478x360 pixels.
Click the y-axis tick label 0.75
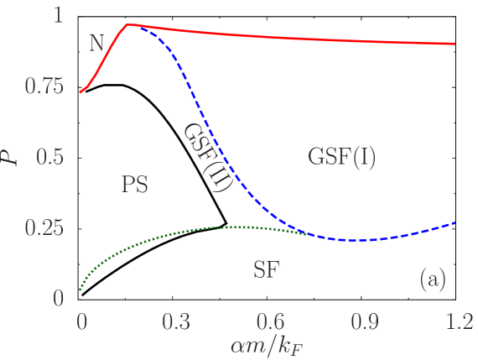(x=44, y=86)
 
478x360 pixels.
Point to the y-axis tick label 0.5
(x=51, y=157)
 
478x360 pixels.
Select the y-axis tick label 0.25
(x=44, y=228)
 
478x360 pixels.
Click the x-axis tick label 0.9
(x=363, y=321)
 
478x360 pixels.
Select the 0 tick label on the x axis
(x=81, y=321)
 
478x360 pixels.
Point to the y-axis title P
(x=10, y=157)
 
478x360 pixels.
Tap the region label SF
(x=266, y=270)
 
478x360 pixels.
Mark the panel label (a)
(x=433, y=279)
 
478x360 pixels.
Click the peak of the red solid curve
(x=127, y=25)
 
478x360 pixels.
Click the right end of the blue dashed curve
(x=455, y=222)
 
